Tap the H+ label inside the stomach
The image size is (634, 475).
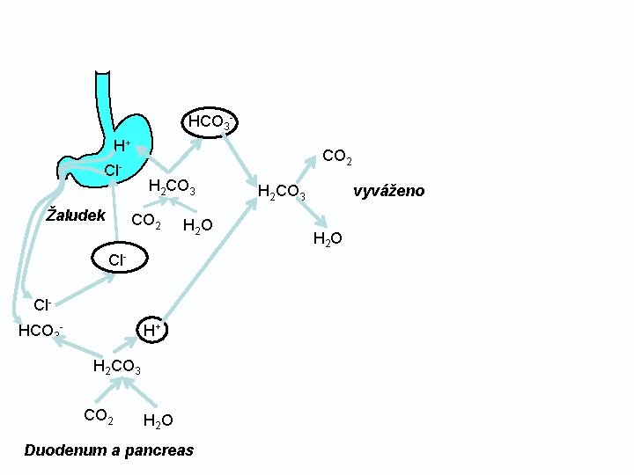point(122,145)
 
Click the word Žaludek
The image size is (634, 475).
point(76,216)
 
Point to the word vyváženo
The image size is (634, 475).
point(388,191)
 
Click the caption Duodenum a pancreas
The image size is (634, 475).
point(109,450)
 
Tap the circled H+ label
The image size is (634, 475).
point(151,330)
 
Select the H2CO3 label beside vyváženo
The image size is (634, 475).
point(281,191)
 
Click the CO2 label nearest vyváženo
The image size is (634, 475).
point(337,157)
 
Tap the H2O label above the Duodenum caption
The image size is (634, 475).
point(158,420)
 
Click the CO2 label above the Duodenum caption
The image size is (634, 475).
point(98,415)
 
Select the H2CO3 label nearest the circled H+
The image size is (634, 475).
point(117,367)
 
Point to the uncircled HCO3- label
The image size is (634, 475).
point(40,332)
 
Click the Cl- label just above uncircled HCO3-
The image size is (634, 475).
point(42,305)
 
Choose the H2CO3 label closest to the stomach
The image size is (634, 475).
point(172,186)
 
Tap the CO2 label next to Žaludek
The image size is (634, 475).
point(145,221)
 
